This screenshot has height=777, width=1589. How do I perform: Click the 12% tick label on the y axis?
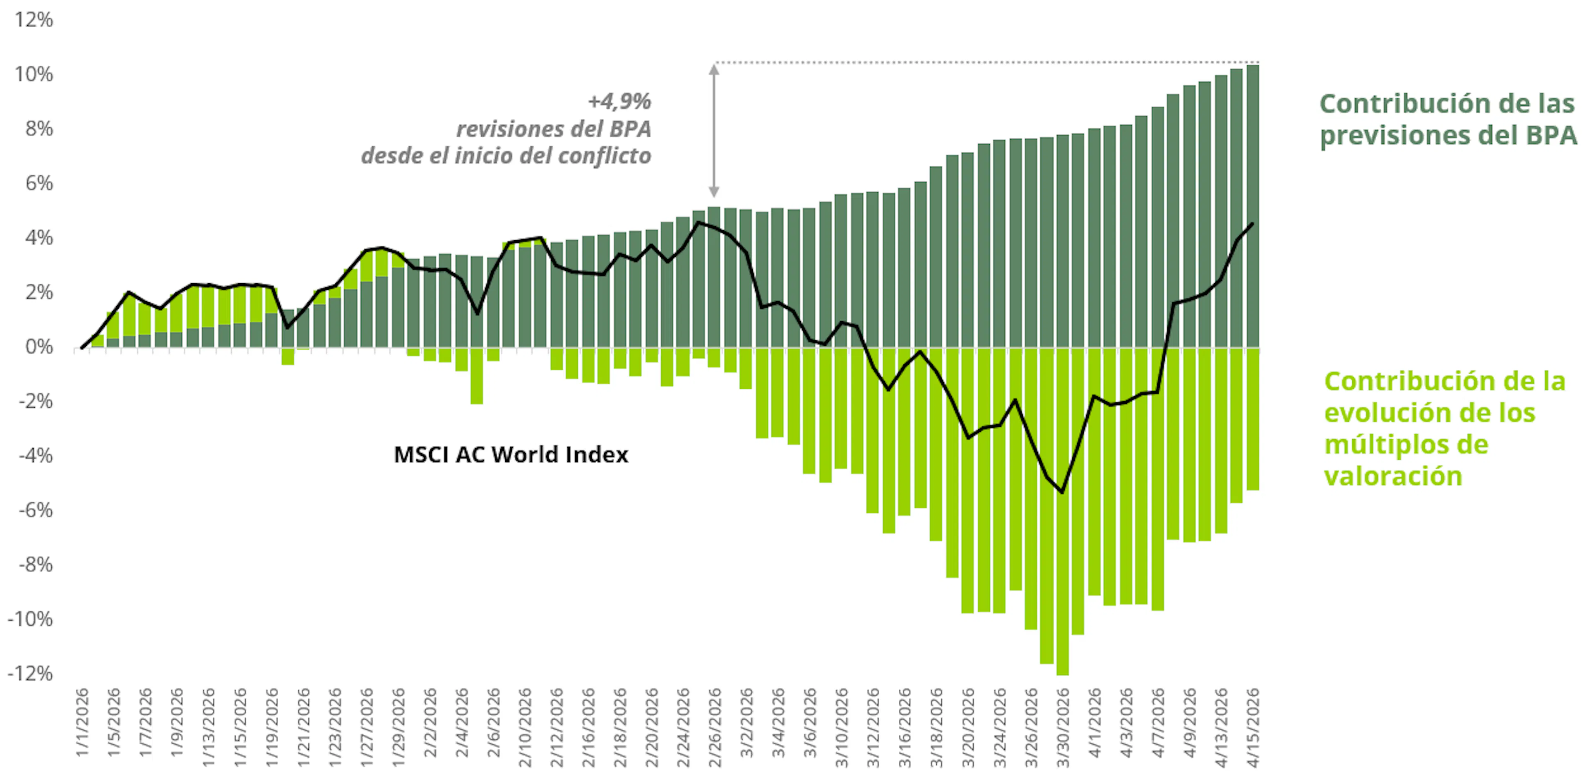34,20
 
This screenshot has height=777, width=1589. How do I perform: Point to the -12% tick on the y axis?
31,673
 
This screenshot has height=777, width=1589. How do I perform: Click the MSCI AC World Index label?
511,454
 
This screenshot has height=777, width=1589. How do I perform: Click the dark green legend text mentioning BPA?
1447,120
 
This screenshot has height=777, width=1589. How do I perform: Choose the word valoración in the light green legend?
1393,476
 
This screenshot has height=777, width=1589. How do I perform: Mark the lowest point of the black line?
1061,492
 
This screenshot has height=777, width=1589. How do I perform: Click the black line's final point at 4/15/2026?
1252,224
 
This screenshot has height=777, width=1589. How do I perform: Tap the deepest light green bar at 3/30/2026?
1062,512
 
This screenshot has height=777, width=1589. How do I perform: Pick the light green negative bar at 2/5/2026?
477,376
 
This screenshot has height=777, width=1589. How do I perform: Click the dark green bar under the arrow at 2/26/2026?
714,277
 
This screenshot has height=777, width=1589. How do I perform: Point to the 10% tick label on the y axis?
34,74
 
